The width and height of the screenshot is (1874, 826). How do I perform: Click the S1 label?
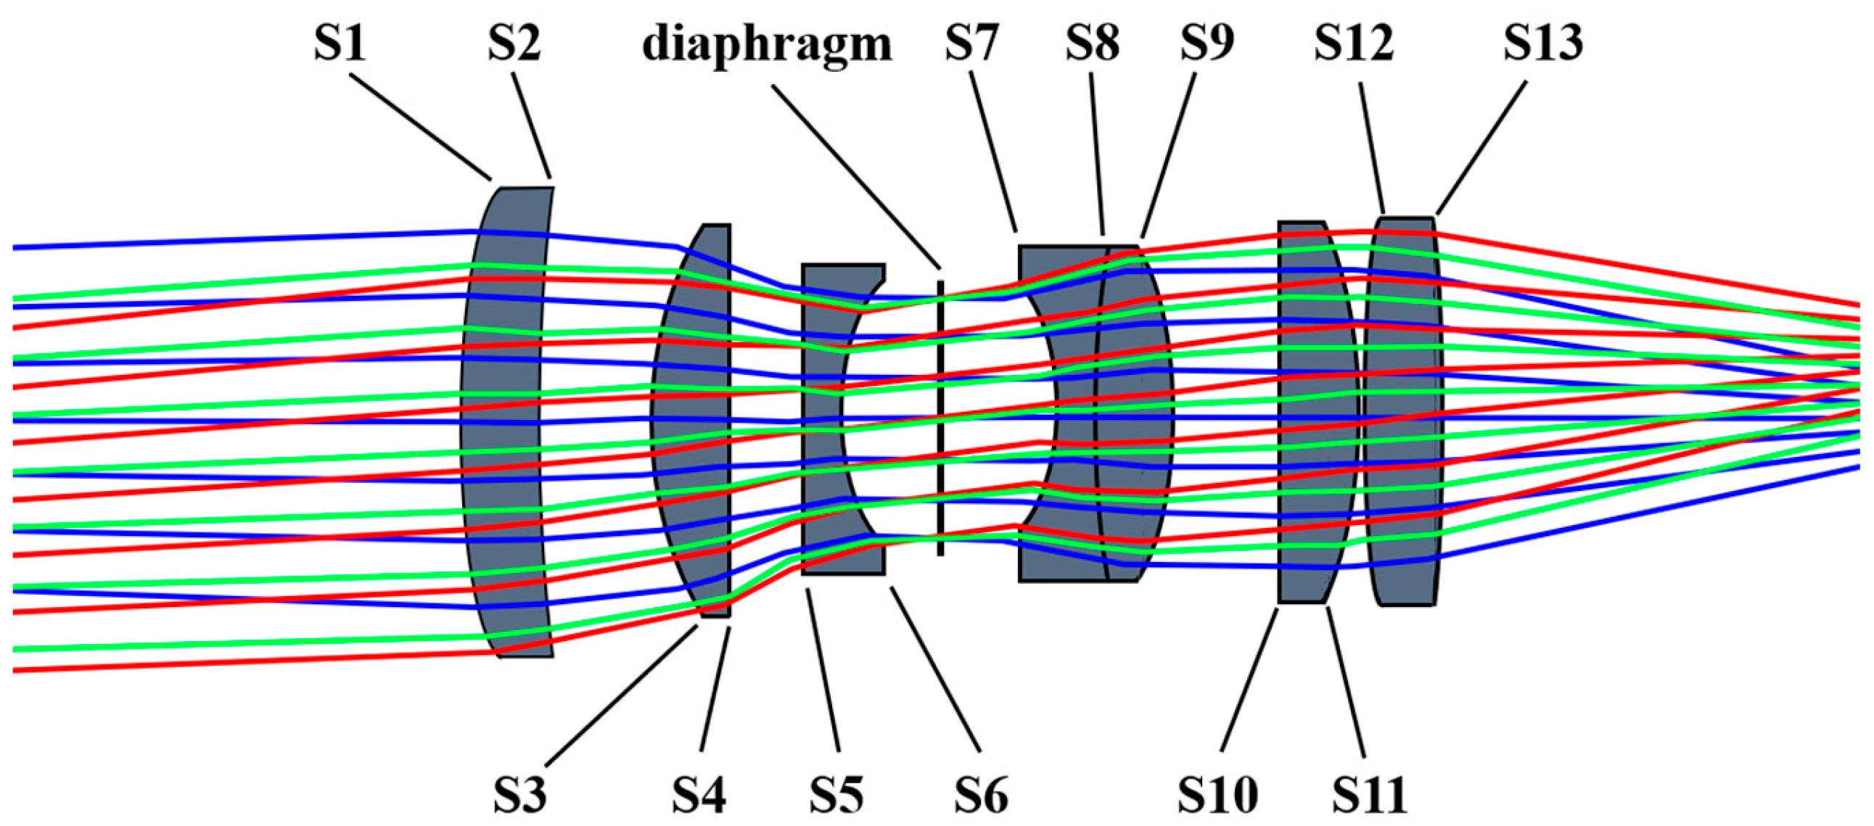click(x=339, y=44)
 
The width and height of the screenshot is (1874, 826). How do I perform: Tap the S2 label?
click(x=514, y=44)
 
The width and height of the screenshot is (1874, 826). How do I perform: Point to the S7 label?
click(x=971, y=44)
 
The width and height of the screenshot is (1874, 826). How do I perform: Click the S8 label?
click(x=1092, y=44)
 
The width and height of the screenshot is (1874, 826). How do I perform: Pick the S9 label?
click(x=1207, y=44)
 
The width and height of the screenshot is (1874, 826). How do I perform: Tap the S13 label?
click(x=1543, y=44)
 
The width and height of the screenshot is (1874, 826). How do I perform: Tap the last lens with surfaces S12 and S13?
click(x=1402, y=574)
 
